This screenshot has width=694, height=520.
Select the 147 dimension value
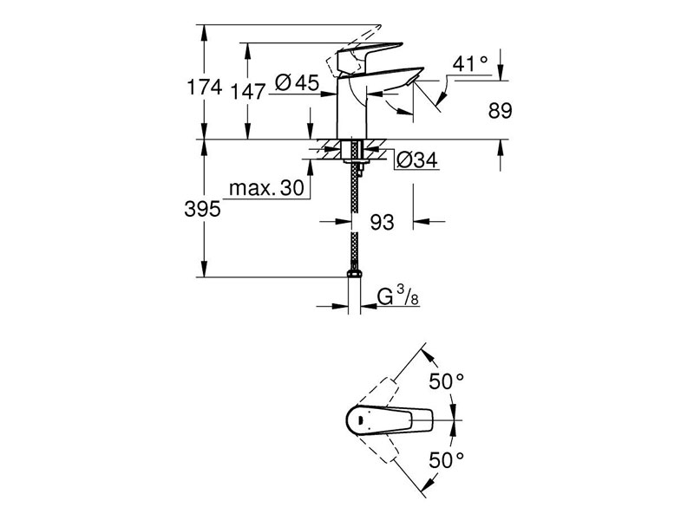tap(248, 92)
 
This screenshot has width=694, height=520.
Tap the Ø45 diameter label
tap(297, 82)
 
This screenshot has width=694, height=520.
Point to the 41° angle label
tap(470, 63)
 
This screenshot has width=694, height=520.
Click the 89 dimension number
tap(501, 111)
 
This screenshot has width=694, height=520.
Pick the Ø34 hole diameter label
tap(417, 159)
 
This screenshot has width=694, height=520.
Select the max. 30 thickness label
tap(266, 188)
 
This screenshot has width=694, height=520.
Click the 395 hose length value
tap(202, 208)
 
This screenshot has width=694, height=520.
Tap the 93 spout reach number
tap(382, 223)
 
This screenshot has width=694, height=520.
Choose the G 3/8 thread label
tap(398, 296)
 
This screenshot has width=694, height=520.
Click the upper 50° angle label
tap(447, 381)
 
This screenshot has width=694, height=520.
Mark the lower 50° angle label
tap(447, 461)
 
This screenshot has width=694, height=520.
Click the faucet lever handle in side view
tap(370, 54)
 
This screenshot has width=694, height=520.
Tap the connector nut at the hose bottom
tap(354, 273)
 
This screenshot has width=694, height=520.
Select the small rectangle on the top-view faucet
tap(360, 419)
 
